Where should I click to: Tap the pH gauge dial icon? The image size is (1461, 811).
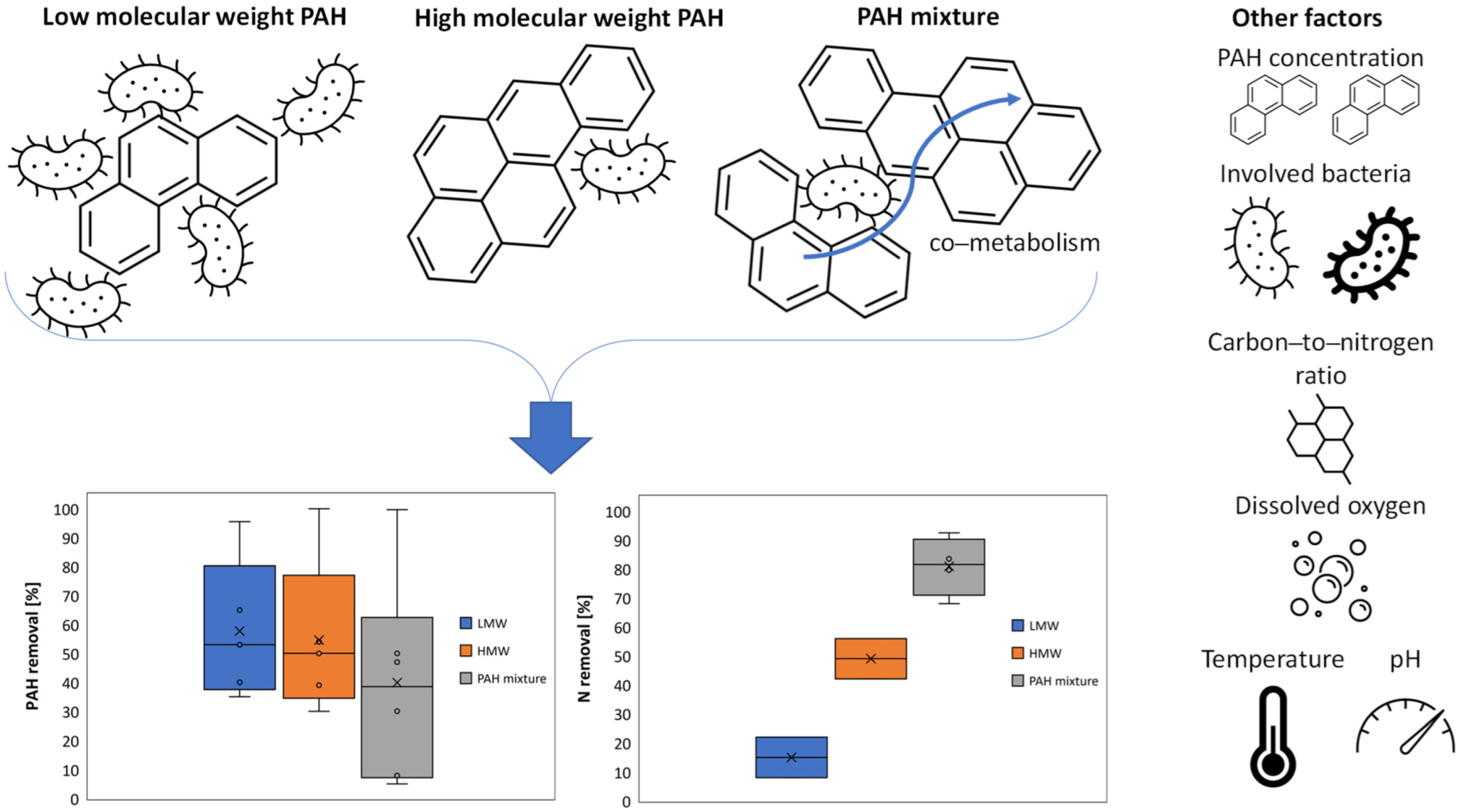pos(1405,728)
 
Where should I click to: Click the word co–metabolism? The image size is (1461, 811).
pos(1014,243)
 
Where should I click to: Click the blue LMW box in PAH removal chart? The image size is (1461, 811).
pos(239,627)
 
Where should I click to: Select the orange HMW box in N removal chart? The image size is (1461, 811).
pos(870,658)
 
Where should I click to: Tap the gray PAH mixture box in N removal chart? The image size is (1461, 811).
pos(948,567)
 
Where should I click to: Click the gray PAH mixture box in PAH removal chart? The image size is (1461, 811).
pos(397,697)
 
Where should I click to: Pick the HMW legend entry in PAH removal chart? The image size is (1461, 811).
pos(485,651)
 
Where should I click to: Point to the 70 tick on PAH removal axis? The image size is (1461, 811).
pos(70,596)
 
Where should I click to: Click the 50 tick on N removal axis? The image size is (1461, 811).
pos(622,657)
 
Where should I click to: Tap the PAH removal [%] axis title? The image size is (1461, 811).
pos(33,646)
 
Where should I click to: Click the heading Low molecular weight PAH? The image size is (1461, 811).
pos(194,17)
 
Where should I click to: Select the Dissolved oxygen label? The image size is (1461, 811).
pos(1329,505)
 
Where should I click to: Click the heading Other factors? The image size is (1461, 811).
pos(1306,17)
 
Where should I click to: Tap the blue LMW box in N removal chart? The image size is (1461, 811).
pos(791,757)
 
